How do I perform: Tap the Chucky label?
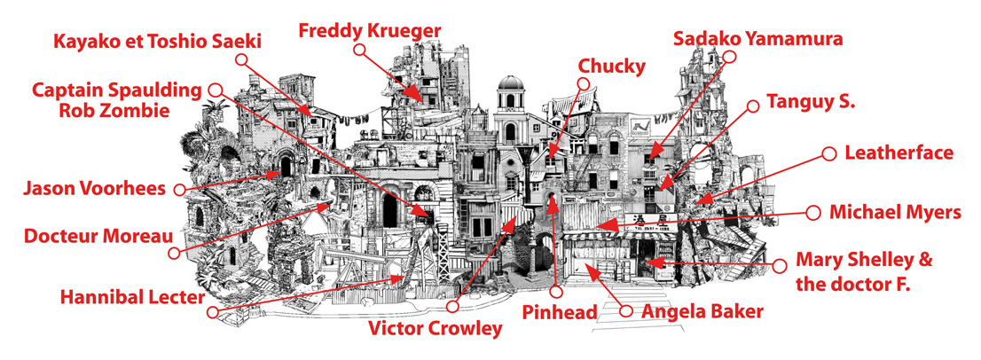(x=611, y=66)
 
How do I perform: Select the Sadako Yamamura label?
(x=758, y=39)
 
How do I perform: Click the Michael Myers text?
(x=895, y=213)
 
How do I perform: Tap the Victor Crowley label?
(x=436, y=328)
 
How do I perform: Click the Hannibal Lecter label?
(x=133, y=297)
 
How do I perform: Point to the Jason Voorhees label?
(x=95, y=187)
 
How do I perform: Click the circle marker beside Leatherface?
(x=829, y=153)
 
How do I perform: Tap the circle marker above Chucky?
(x=583, y=83)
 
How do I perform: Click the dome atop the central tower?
(x=511, y=82)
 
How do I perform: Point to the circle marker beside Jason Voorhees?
(x=179, y=189)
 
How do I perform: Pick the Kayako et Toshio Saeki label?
(x=157, y=42)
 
